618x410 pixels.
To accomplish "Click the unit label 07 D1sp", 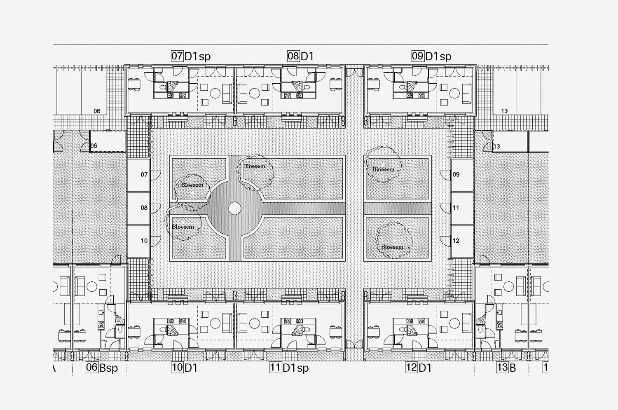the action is click(x=191, y=56).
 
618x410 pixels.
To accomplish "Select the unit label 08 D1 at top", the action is click(x=300, y=56).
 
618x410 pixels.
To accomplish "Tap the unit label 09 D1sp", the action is click(x=431, y=56).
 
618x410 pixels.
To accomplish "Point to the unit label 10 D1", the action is click(x=184, y=368).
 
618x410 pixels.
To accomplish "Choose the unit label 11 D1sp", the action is click(x=289, y=368).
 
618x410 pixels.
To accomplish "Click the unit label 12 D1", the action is click(x=418, y=368).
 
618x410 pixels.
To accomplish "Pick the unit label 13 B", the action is click(x=506, y=368).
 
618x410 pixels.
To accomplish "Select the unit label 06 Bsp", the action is click(x=102, y=368).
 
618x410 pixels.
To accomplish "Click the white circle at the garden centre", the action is click(x=235, y=209).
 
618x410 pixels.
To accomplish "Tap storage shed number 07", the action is click(x=138, y=175).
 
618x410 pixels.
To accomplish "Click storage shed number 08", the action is click(x=138, y=209).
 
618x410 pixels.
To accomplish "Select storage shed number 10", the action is click(x=138, y=242).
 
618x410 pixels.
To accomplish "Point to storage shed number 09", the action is click(x=462, y=175).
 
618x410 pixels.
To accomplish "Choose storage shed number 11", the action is click(x=462, y=209).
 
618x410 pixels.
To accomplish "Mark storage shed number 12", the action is click(x=462, y=242).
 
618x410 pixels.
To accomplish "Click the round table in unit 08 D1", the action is click(x=254, y=93).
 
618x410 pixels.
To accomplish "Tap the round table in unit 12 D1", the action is click(x=454, y=323).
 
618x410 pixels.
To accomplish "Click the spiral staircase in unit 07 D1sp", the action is click(x=173, y=86).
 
